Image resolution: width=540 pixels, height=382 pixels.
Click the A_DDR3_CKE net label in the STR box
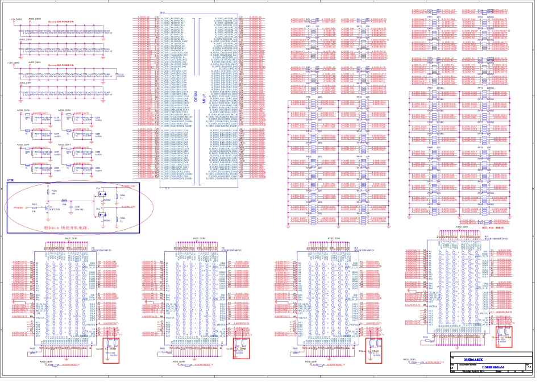(x=127, y=186)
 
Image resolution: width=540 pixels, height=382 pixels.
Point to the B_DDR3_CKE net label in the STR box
(x=127, y=207)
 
